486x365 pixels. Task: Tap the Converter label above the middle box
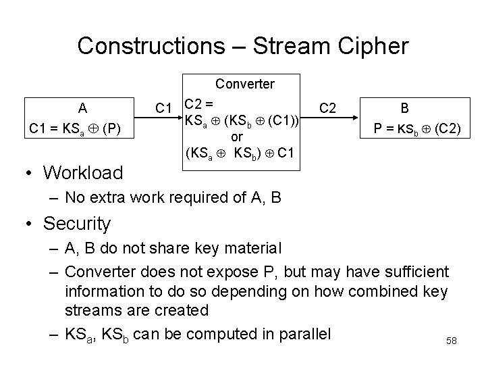245,84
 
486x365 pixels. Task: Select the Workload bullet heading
83,173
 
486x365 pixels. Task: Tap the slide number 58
452,341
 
